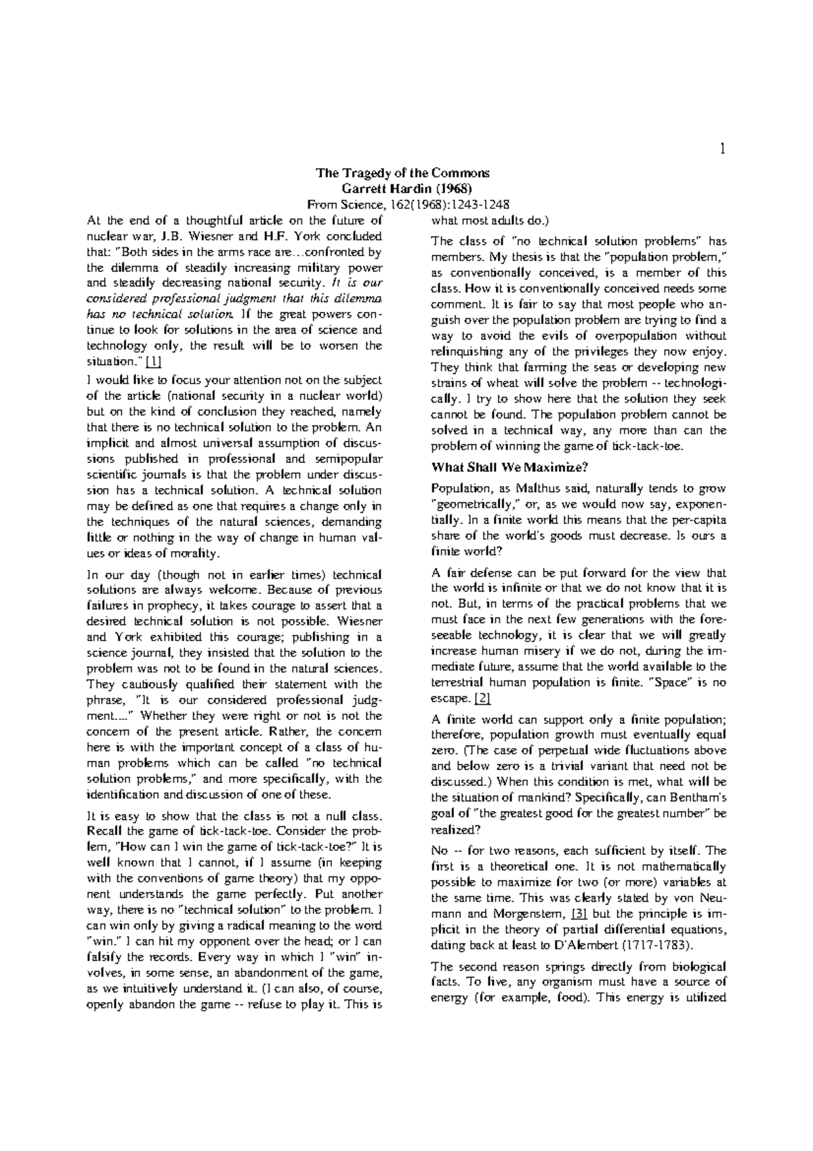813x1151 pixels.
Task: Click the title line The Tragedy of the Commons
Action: [x=402, y=173]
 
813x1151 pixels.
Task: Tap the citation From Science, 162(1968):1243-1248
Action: [x=408, y=204]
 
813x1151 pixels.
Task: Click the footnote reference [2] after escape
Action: [x=482, y=698]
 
